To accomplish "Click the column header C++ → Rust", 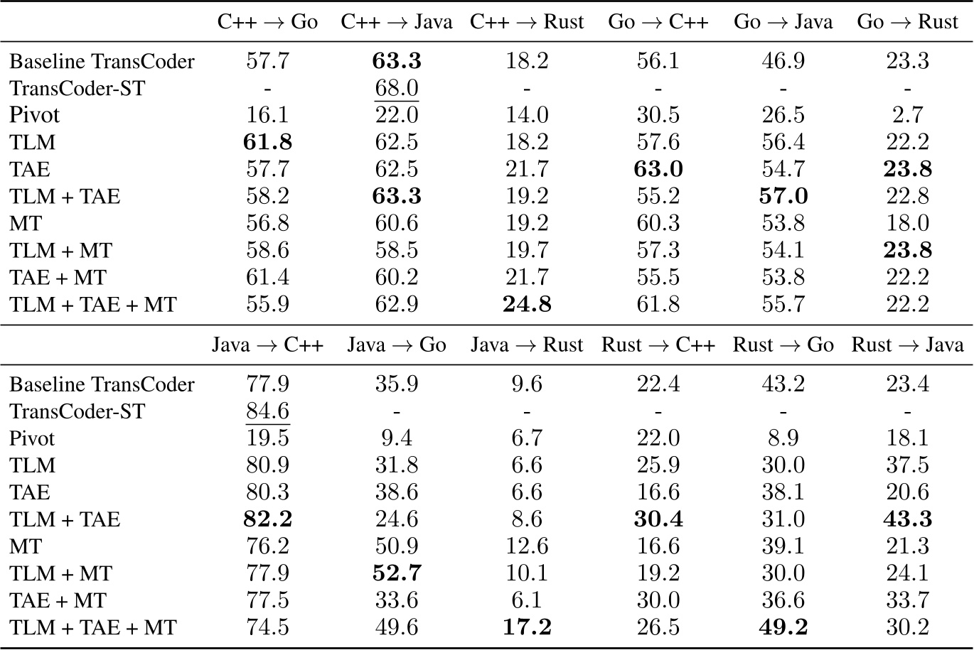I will (x=527, y=22).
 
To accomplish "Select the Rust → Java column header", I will (x=908, y=345).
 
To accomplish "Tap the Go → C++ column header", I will (x=658, y=22).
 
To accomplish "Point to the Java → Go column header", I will (x=397, y=345).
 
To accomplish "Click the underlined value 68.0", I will (x=397, y=89).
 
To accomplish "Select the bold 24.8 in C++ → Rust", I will (x=527, y=305).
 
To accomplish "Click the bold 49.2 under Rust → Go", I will (x=783, y=628).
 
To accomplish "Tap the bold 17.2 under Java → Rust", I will (x=527, y=628).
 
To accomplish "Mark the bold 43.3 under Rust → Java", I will (x=908, y=519).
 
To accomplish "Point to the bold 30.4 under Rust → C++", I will (x=658, y=519).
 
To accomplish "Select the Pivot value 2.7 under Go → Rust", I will (x=908, y=116).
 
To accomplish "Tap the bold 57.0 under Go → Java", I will (x=783, y=197).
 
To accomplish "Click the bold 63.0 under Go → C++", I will (x=658, y=170).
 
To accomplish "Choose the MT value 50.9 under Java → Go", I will (x=397, y=547).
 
